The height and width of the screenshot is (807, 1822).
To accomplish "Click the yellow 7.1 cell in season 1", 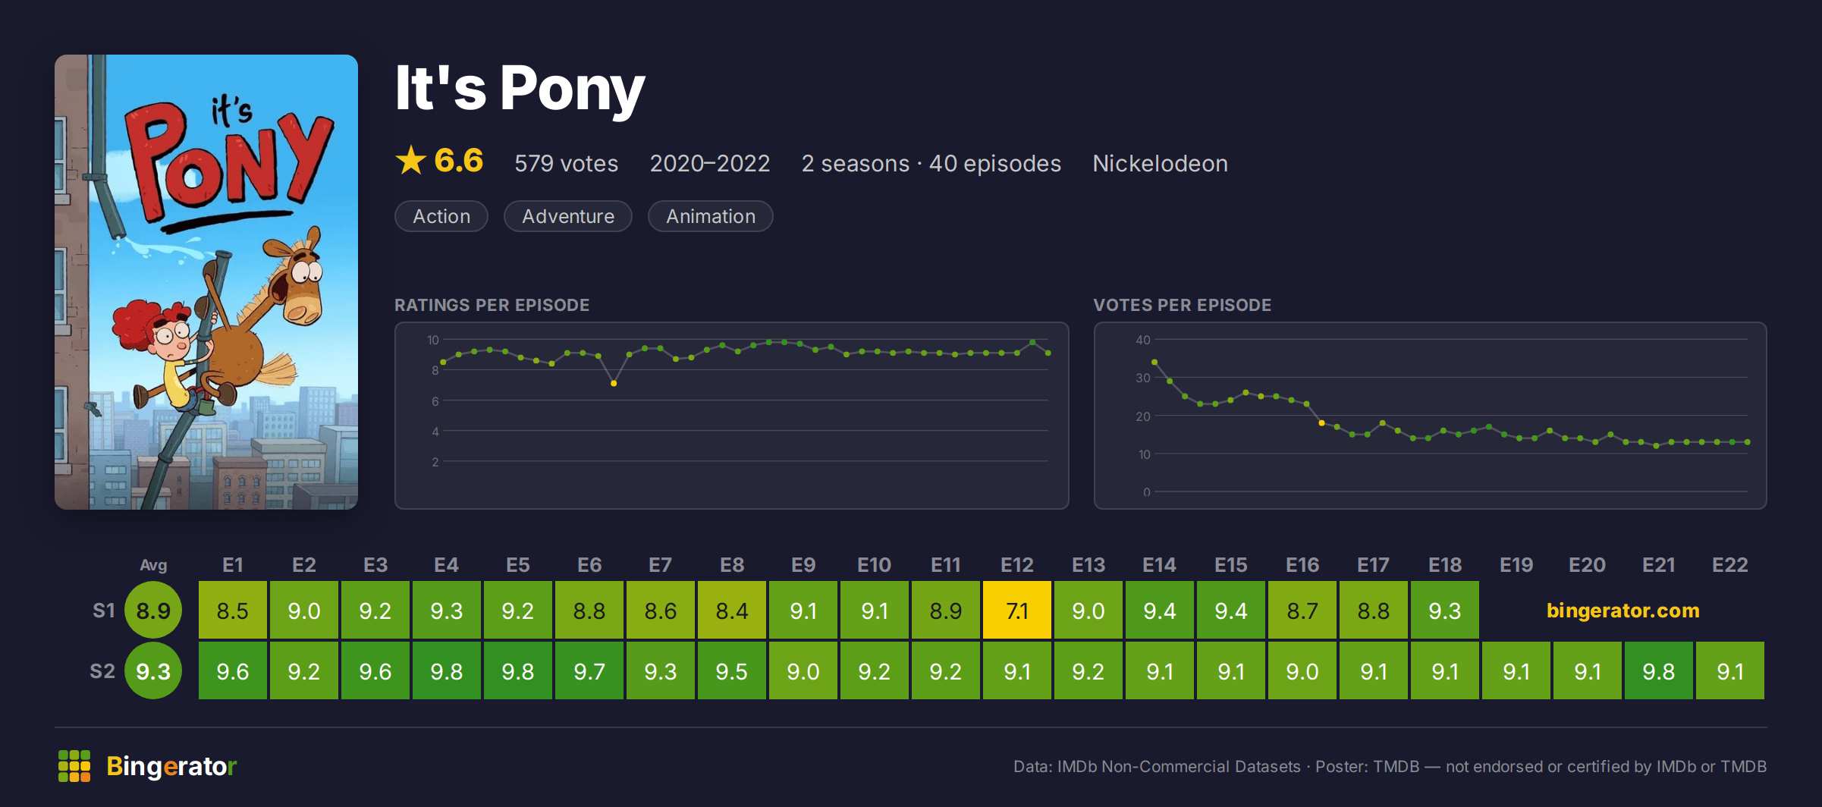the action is [x=1016, y=610].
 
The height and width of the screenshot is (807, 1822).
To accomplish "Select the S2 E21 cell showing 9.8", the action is [x=1658, y=670].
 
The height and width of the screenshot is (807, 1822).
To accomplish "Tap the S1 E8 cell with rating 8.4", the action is [x=731, y=610].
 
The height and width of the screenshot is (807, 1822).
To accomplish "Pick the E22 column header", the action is [x=1729, y=565].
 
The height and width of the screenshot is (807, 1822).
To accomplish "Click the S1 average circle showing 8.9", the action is [x=153, y=610].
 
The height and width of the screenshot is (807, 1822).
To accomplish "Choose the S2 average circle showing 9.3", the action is [x=153, y=670].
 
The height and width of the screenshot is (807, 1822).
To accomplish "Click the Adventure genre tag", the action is [x=568, y=216].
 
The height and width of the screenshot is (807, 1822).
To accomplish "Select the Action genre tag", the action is [x=441, y=216].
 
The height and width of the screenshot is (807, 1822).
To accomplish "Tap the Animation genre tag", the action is [x=711, y=216].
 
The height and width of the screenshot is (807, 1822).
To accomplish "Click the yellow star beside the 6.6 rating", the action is [x=411, y=160].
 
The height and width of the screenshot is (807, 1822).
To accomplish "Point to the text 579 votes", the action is [x=566, y=163].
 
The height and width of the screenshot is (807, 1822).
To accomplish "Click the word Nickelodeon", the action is [x=1160, y=163].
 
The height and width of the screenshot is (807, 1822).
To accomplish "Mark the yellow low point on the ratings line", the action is [x=614, y=384].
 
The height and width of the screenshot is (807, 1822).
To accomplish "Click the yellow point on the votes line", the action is [x=1321, y=423].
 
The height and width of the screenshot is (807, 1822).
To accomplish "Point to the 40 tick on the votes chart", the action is [x=1142, y=340].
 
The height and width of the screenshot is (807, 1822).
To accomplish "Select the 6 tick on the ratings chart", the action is [x=435, y=401].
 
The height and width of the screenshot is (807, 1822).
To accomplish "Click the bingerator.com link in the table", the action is [x=1623, y=611].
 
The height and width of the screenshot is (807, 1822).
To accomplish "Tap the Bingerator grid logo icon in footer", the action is [x=74, y=766].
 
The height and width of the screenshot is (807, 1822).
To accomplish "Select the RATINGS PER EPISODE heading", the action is [x=492, y=305].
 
